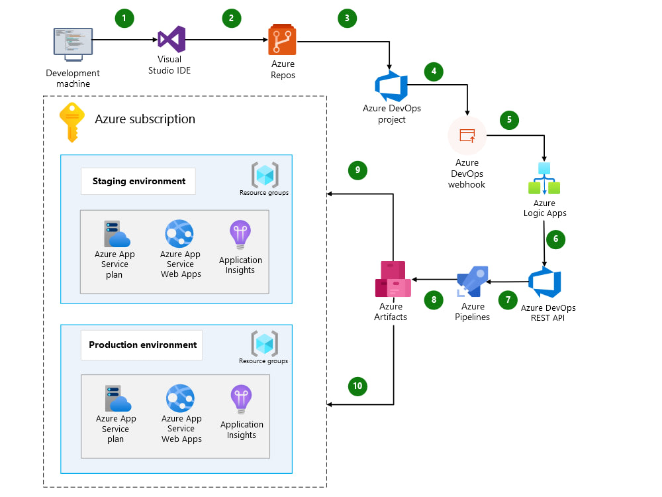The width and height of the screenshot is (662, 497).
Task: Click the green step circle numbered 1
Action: pos(124,18)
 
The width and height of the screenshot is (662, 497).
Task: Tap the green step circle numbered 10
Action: pos(357,386)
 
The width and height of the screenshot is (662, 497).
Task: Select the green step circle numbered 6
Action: pos(556,239)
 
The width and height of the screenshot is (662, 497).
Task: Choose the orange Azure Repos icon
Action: pos(283,40)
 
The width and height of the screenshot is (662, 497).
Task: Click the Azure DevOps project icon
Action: pos(391,85)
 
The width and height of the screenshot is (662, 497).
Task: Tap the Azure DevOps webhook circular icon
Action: pos(467,135)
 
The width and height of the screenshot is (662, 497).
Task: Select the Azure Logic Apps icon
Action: pos(545,178)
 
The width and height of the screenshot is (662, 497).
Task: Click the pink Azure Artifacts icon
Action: pos(393,279)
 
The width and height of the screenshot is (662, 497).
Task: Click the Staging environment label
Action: pos(138,181)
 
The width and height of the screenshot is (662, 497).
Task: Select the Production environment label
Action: pos(142,345)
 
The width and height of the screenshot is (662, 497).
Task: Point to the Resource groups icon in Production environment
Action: pos(264,343)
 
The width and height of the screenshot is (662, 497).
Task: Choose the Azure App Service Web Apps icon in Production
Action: pos(180,398)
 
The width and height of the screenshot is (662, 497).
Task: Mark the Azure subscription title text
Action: pos(145,119)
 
